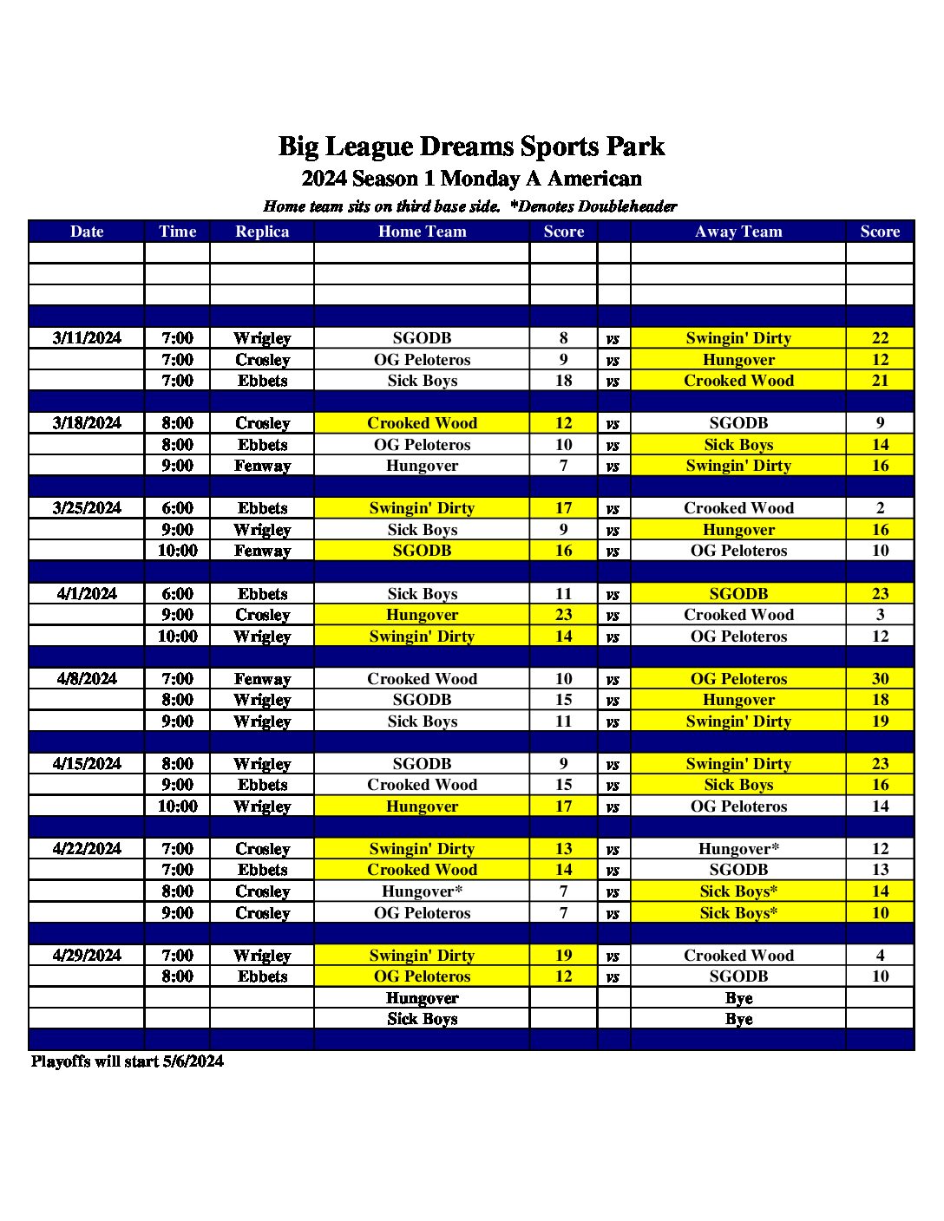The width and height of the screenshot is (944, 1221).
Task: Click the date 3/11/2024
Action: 87,338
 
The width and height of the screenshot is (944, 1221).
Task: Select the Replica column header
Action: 262,232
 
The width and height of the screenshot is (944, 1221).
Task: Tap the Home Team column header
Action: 422,232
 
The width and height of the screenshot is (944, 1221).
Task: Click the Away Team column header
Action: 738,232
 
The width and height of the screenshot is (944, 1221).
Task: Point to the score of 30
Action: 880,679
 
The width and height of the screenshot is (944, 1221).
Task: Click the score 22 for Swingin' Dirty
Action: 880,338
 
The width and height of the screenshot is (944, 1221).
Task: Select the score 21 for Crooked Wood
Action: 880,381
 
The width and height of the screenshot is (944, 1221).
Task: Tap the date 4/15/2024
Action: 87,764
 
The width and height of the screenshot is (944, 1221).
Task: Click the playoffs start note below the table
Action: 128,1061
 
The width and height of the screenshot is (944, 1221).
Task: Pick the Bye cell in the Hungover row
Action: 738,998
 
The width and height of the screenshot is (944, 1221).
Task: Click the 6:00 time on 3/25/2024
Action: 177,508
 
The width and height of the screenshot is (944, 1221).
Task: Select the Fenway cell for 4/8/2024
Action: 262,679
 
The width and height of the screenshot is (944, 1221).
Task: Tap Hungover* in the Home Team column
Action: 422,891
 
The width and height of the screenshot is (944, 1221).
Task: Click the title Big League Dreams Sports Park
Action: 471,147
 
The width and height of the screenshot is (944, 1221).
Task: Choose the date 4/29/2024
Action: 87,956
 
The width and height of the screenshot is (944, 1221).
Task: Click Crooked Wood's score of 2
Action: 880,508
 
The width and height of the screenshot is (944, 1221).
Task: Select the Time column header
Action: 177,232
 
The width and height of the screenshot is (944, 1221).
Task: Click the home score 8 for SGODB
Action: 563,338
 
